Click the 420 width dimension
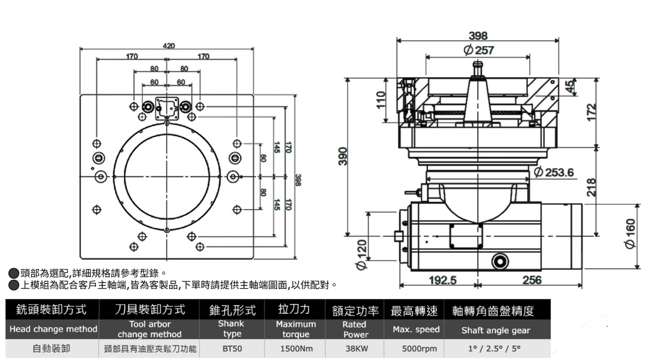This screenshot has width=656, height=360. pos(169,46)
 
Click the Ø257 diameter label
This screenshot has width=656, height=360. pos(479,50)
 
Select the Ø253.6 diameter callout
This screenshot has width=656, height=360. pos(554,172)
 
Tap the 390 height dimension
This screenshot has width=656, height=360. pos(343,156)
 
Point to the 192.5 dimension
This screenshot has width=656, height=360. pos(442,280)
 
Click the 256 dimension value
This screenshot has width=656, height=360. pos(532,280)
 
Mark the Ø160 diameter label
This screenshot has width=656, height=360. pos(630,234)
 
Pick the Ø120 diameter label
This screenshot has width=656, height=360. pos(361,254)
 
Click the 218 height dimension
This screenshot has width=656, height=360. pos(591,187)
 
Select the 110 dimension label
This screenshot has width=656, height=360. pos(381,100)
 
